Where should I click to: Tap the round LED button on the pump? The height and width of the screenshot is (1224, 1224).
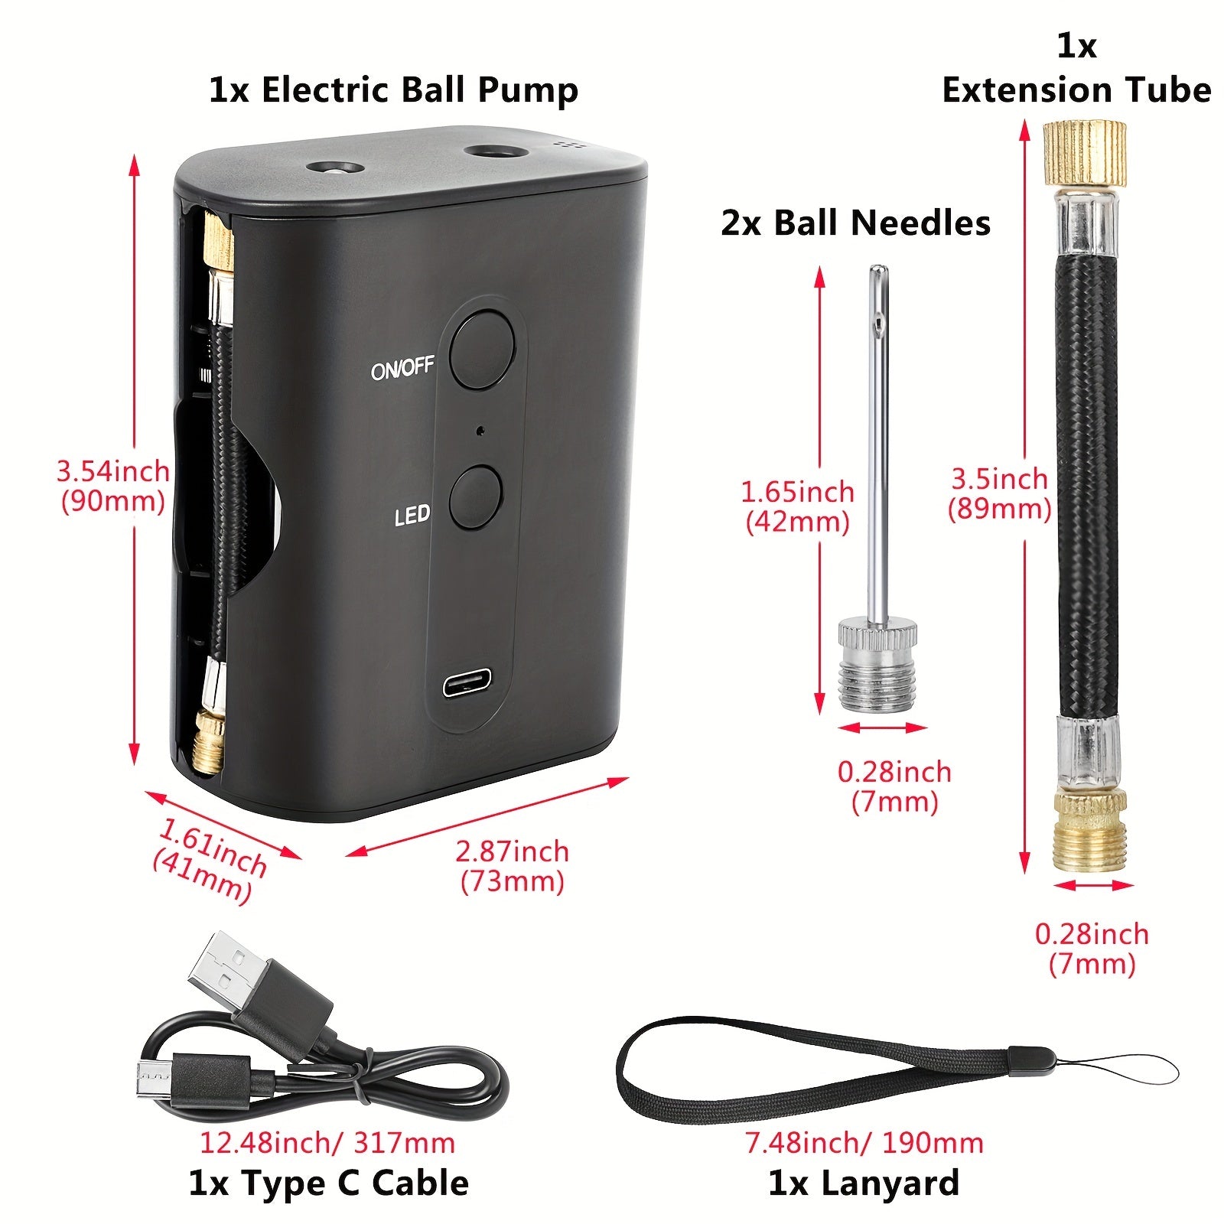pyautogui.click(x=474, y=496)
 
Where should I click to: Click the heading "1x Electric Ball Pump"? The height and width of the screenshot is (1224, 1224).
pyautogui.click(x=393, y=90)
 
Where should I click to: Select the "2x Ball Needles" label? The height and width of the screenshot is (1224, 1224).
pyautogui.click(x=855, y=223)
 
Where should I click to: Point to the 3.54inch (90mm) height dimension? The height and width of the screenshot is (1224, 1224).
pyautogui.click(x=113, y=486)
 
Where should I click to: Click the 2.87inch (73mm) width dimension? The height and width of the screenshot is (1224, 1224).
pyautogui.click(x=513, y=866)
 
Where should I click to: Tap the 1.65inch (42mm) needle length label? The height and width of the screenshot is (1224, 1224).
pyautogui.click(x=797, y=506)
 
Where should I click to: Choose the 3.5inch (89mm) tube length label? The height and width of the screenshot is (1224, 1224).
pyautogui.click(x=999, y=493)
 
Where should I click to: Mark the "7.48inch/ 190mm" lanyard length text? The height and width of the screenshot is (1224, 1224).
pyautogui.click(x=864, y=1143)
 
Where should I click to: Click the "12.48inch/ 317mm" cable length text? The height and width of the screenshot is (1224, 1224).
pyautogui.click(x=327, y=1143)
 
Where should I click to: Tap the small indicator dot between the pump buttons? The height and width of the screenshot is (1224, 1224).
pyautogui.click(x=480, y=431)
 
